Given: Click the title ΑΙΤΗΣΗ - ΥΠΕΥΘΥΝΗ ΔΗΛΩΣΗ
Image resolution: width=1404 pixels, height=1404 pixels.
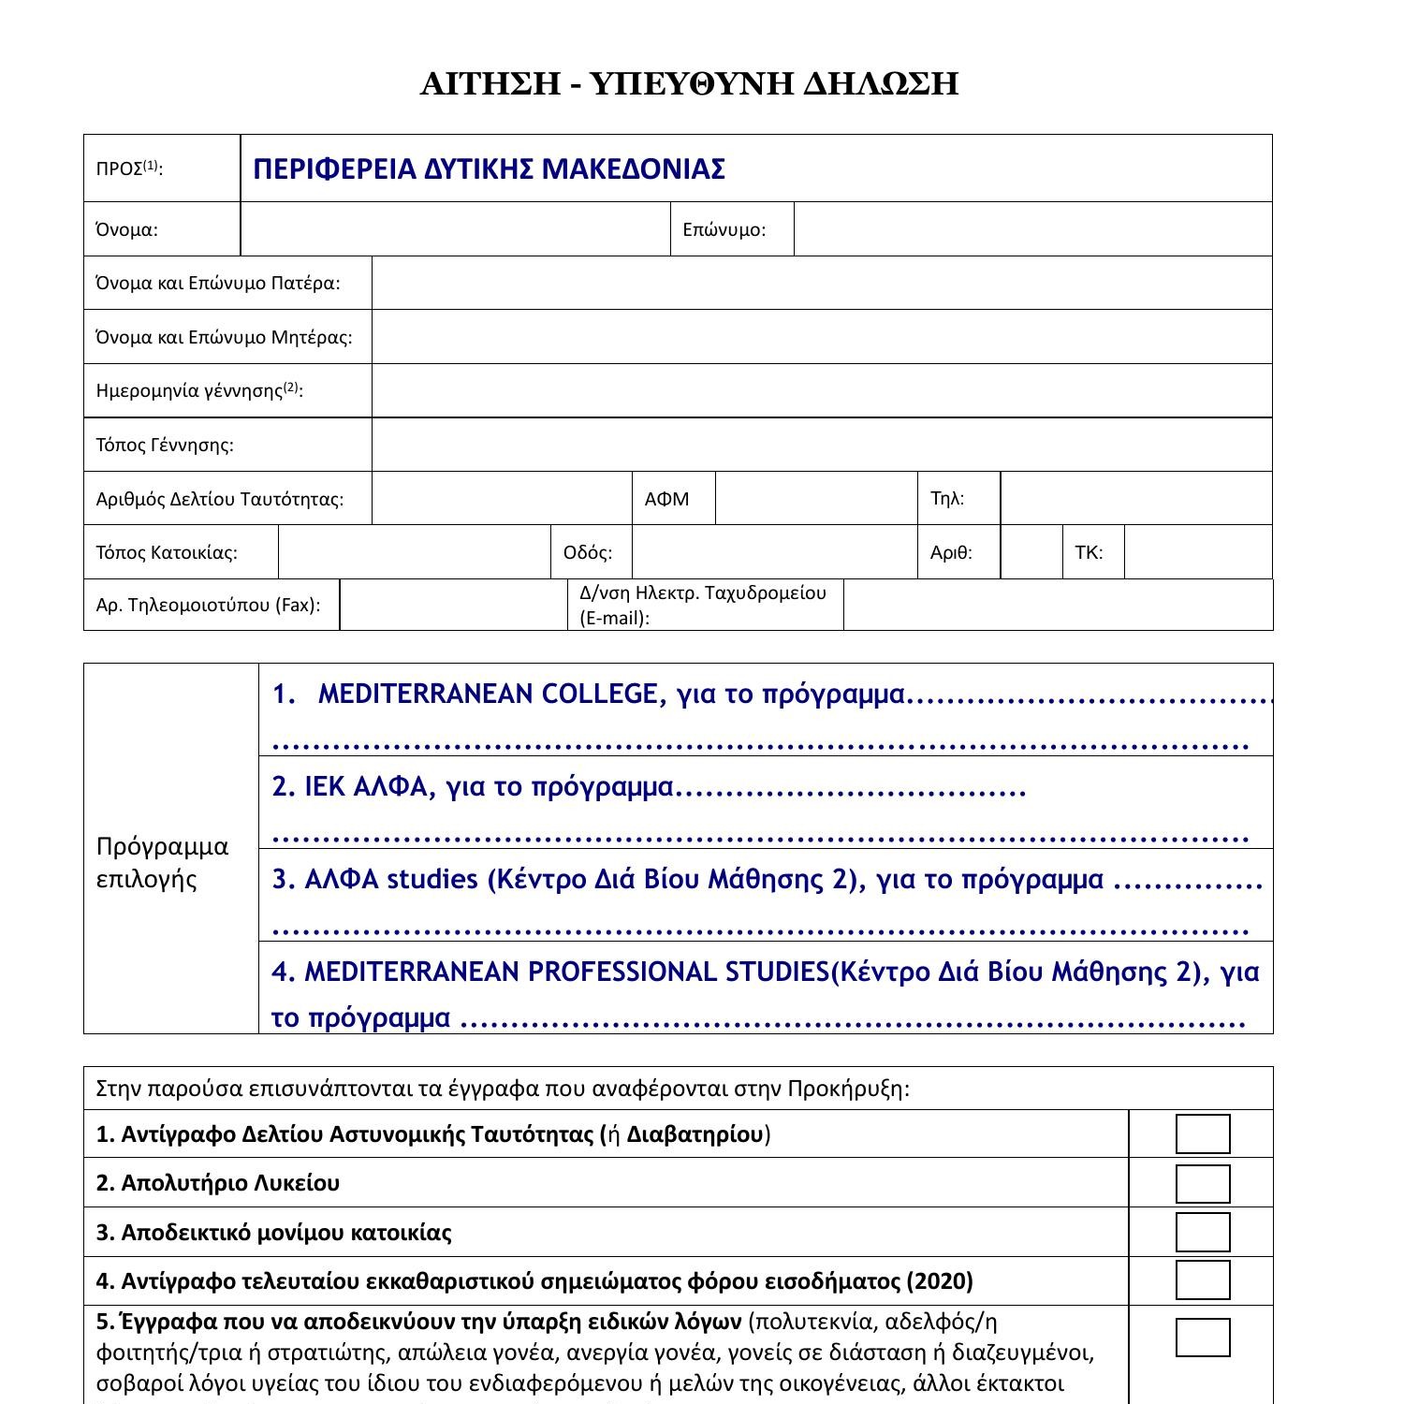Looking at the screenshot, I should click(x=689, y=84).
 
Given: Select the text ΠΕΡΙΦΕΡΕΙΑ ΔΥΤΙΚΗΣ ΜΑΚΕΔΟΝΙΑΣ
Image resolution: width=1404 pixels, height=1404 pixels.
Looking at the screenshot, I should click(x=489, y=169).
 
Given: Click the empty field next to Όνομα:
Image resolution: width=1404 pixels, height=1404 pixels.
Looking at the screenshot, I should click(x=455, y=229).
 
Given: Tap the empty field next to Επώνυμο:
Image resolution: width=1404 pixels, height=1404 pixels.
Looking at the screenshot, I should click(x=1032, y=229).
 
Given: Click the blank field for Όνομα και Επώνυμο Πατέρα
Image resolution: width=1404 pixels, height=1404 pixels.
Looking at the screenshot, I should click(x=822, y=283).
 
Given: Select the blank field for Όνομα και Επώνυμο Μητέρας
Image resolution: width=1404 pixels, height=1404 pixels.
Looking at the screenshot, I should click(x=822, y=337).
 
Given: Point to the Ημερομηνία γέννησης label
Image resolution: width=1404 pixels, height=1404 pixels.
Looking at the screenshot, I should click(x=199, y=390).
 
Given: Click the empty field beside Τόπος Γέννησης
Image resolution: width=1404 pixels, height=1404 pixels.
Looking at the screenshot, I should click(x=822, y=445).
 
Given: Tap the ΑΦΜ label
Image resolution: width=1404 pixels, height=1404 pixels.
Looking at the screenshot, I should click(x=666, y=499).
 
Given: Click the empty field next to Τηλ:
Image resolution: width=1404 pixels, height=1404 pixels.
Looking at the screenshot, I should click(x=1136, y=498).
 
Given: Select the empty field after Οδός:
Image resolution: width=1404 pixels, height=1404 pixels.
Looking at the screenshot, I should click(x=775, y=552).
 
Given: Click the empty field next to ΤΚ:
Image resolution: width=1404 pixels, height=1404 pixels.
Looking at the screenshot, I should click(x=1198, y=552).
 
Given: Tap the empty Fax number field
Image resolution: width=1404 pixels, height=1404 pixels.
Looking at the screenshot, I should click(x=453, y=605).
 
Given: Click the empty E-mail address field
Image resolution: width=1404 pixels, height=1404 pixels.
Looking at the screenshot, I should click(x=1058, y=605).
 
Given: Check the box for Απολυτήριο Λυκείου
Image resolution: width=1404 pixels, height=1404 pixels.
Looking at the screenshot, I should click(x=1203, y=1183).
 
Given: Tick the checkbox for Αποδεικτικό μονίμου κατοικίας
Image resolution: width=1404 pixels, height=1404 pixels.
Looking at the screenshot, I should click(x=1203, y=1232).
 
